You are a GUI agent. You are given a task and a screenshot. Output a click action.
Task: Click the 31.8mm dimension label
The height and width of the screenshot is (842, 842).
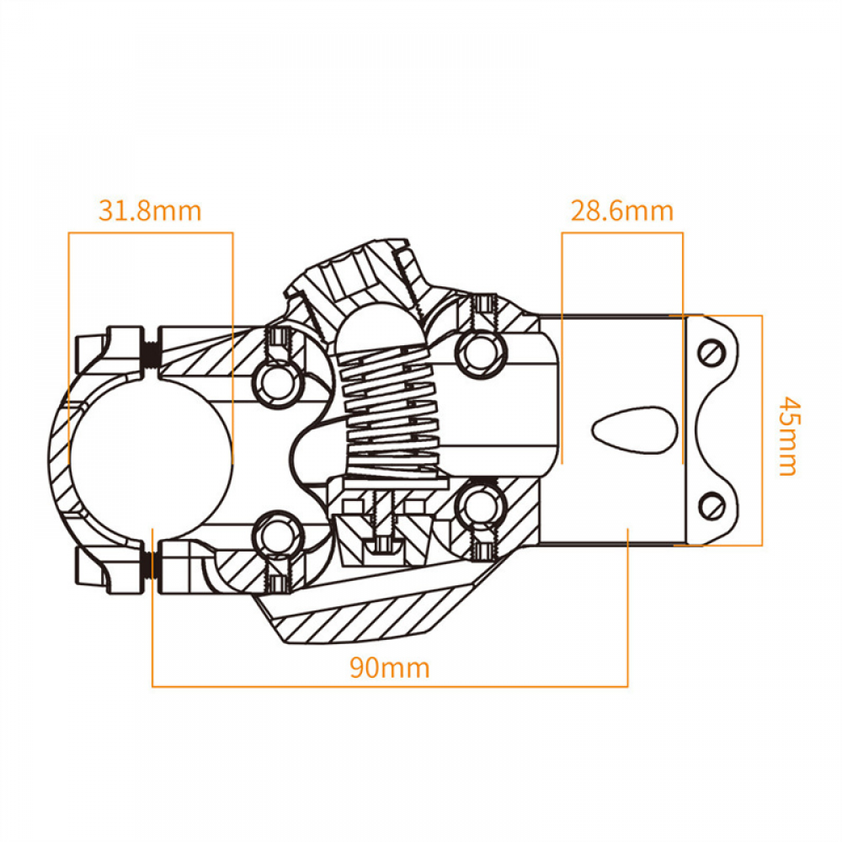point(150,210)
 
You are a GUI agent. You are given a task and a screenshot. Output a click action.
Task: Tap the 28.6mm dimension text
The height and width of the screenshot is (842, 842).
point(622,210)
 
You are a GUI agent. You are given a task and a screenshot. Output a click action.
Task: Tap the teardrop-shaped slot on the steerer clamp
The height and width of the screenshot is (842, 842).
point(636,430)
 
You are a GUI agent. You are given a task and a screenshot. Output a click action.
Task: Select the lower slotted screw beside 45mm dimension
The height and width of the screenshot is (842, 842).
point(712,505)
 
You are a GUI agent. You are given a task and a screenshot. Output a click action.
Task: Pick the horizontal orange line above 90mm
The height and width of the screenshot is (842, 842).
point(390,686)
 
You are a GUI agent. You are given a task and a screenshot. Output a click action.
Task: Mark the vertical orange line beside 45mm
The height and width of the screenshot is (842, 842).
point(762,430)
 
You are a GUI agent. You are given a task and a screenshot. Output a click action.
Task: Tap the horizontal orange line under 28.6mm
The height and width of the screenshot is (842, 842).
point(622,233)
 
